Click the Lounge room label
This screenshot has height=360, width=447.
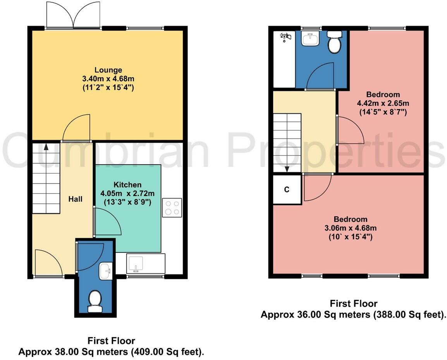[108, 70]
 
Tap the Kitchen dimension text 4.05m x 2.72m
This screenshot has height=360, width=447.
[127, 193]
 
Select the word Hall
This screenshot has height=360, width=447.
[75, 199]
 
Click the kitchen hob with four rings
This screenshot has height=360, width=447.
[172, 207]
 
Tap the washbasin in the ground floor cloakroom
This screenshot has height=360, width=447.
[105, 271]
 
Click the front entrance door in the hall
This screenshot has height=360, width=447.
[48, 263]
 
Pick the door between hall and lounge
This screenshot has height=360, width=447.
[77, 128]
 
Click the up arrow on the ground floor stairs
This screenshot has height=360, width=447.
[46, 147]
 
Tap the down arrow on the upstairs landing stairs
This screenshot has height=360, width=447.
[287, 168]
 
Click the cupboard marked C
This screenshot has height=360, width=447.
[287, 190]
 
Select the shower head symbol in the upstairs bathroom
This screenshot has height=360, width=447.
[286, 37]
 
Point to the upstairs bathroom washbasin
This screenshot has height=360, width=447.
[310, 39]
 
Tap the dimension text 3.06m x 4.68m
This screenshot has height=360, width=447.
[351, 228]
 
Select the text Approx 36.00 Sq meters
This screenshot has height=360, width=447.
[316, 315]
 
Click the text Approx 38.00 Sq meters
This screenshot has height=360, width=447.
[74, 352]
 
